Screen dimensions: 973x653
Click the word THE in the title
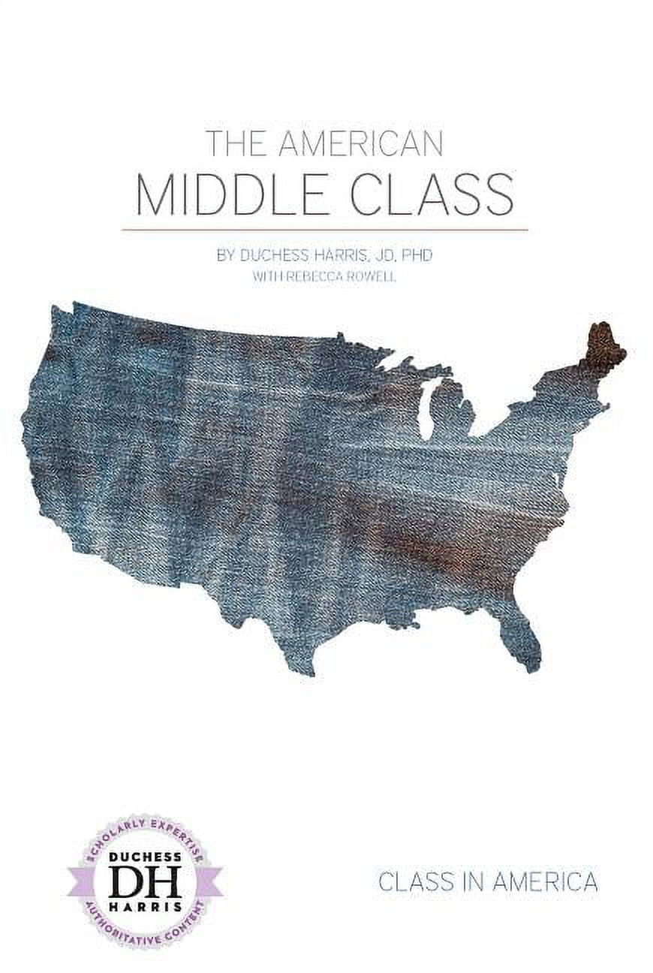[x=236, y=143]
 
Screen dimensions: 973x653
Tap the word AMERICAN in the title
[x=360, y=143]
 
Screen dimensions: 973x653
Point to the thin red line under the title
[x=325, y=229]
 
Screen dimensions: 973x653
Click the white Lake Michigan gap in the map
[x=426, y=417]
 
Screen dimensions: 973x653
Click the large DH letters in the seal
[x=145, y=884]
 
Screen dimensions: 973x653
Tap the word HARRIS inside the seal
[x=145, y=908]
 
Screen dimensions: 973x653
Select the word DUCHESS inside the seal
[x=145, y=858]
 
